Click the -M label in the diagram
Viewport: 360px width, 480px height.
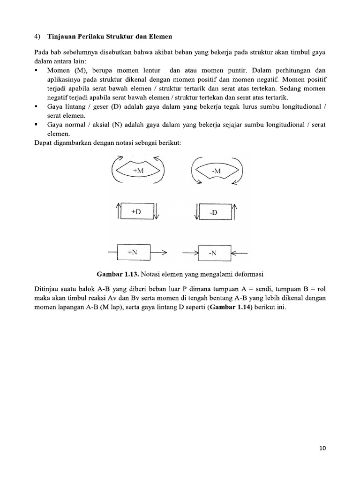[216, 171]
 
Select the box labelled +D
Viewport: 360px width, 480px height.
[136, 211]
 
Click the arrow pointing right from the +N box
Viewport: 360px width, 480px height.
[158, 253]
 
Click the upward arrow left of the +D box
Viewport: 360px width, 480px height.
[117, 211]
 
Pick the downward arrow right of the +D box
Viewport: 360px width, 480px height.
[157, 211]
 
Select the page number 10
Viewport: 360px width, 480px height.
[322, 448]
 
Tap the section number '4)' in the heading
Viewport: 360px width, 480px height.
[38, 37]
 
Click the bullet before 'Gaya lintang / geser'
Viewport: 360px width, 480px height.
[37, 107]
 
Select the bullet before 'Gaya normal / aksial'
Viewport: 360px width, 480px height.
[37, 125]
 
